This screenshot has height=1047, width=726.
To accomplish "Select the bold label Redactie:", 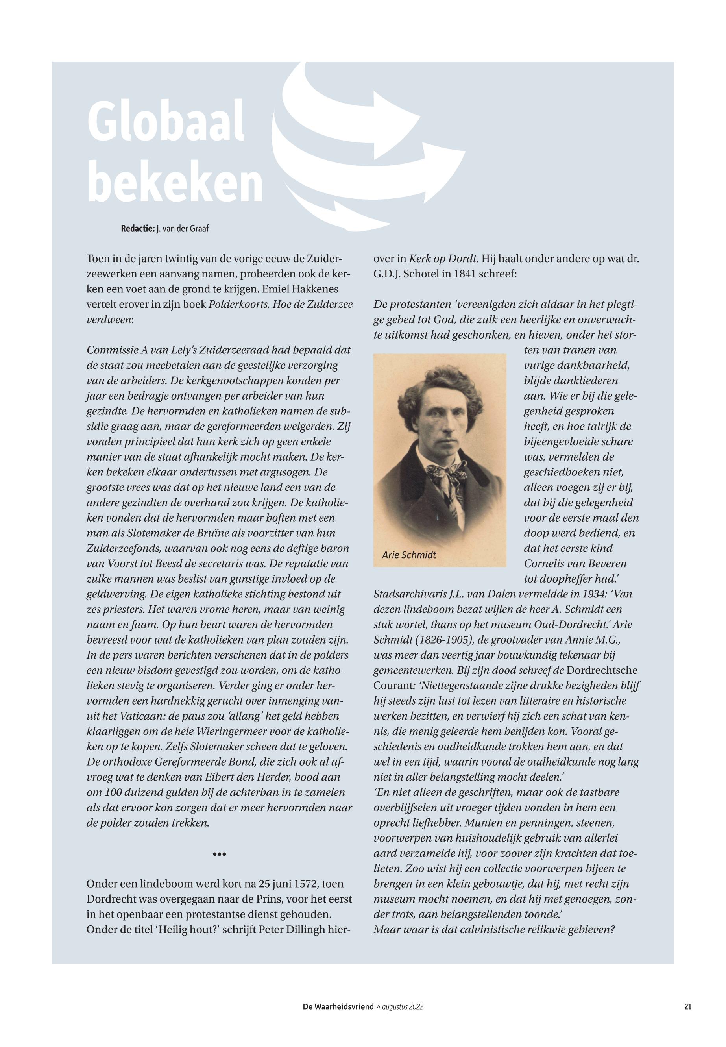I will (137, 228).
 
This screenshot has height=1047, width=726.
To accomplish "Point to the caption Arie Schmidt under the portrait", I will (409, 555).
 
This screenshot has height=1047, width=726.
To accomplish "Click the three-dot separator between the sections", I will (219, 854).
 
